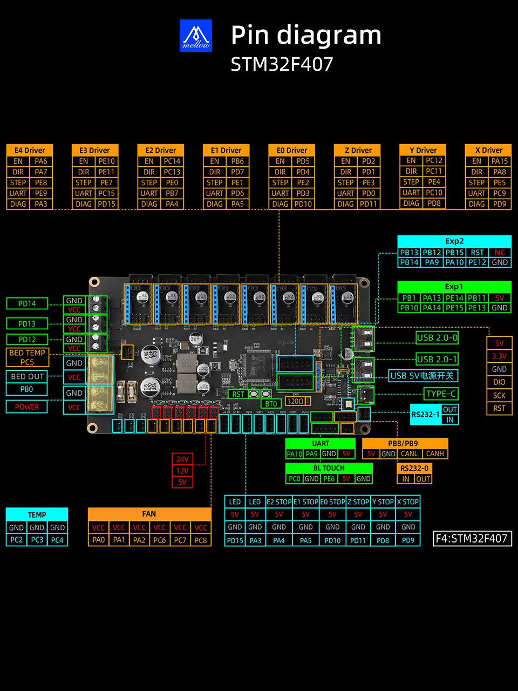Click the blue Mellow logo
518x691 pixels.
pos(196,36)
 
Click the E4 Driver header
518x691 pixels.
pos(30,150)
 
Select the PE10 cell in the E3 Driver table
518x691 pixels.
pos(107,161)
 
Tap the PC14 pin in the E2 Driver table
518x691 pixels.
pos(172,161)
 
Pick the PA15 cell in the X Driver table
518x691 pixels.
pos(500,161)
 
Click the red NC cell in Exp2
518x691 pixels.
pos(500,253)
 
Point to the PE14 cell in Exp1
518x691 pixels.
pos(454,298)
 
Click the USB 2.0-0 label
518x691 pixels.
pos(437,338)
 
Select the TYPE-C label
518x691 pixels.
pos(441,394)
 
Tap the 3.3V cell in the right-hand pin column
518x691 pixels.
pos(499,356)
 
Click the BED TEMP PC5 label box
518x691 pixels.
pos(28,357)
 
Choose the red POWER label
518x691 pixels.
pos(27,407)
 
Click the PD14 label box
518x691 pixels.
pos(27,303)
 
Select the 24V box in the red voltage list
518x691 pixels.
pos(182,459)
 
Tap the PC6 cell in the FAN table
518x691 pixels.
pos(160,540)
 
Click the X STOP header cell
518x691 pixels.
pos(407,502)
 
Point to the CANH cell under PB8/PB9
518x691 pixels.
pos(435,453)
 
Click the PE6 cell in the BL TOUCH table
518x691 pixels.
pos(329,479)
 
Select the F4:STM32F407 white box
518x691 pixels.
pos(472,539)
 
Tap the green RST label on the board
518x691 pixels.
pos(238,394)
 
